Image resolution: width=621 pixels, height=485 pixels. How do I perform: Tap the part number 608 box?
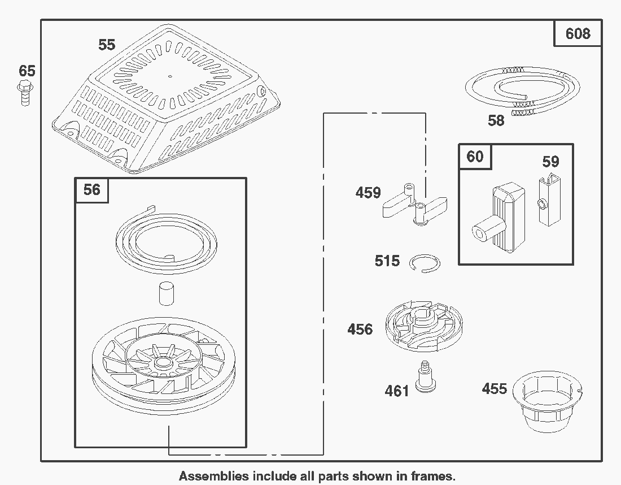[578, 34]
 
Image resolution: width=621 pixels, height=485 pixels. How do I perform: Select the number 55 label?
[107, 45]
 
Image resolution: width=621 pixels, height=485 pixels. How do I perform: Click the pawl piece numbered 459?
[417, 204]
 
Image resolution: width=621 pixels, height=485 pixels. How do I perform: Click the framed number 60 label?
[475, 156]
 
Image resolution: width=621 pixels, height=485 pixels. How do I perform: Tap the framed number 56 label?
[91, 189]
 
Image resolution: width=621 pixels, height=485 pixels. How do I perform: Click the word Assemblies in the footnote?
[213, 476]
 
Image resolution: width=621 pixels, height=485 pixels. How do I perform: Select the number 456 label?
[360, 329]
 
